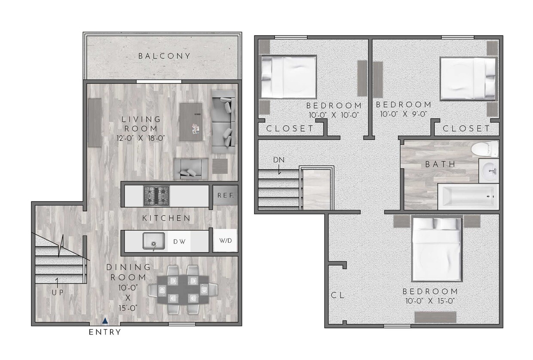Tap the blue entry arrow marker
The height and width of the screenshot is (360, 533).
pos(105,320)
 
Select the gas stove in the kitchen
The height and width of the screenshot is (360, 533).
pos(156,195)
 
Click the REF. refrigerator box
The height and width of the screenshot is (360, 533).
pos(225,195)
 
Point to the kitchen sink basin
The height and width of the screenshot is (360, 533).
pos(154,241)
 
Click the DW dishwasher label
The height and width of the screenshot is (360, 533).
pos(179,241)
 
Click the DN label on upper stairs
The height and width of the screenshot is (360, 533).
pos(279,160)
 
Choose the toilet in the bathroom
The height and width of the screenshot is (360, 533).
pos(484,149)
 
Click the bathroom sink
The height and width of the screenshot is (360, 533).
pos(489,171)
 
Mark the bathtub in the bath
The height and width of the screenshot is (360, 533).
pos(468,197)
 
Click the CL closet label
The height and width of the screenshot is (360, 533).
pos(338,296)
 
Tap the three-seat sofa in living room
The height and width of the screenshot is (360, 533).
pos(224,122)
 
